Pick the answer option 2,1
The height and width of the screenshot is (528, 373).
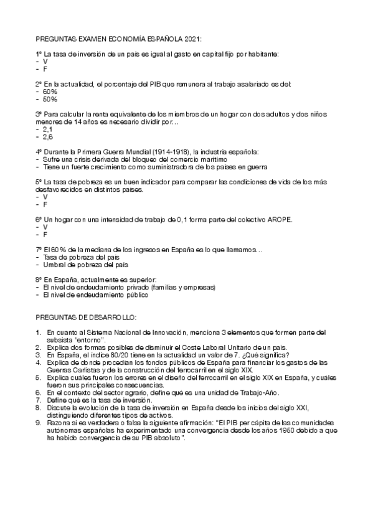tap(48, 130)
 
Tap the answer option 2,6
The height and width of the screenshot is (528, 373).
tap(48, 137)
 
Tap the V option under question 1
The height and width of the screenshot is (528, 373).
tap(45, 62)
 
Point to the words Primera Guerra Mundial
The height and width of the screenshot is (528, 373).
tap(103, 152)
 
